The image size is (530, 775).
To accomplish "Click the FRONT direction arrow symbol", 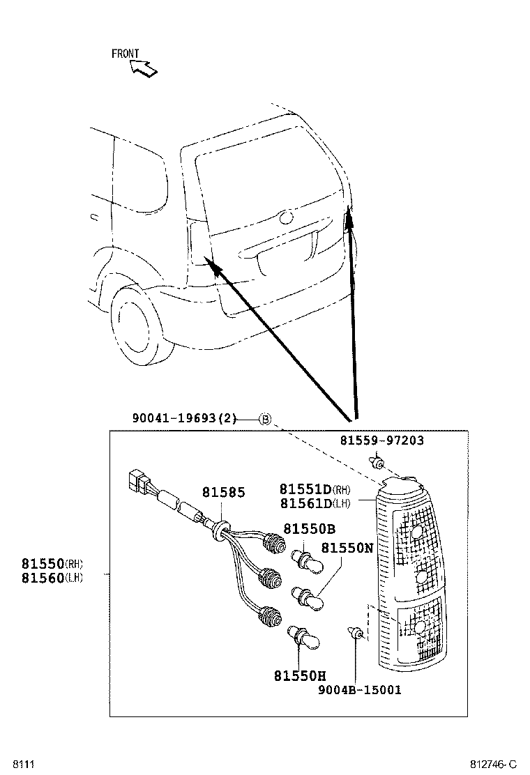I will (x=144, y=68).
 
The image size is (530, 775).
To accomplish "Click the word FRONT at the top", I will (x=125, y=54).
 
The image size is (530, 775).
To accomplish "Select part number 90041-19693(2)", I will (x=185, y=419).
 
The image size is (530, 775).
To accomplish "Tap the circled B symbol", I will (x=265, y=419).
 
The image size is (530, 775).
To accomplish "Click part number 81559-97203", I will (x=381, y=440).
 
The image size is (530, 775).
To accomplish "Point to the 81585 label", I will (x=223, y=493).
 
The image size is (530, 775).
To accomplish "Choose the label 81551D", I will (x=305, y=489).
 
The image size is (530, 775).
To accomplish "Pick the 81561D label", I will (x=305, y=503).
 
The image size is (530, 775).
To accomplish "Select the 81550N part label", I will (x=347, y=548).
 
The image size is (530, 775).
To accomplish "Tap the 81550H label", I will (x=299, y=675).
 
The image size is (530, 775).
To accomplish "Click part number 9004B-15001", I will (x=359, y=689).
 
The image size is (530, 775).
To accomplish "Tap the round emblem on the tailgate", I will (x=285, y=217).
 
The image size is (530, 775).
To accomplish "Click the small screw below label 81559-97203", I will (x=377, y=462).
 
